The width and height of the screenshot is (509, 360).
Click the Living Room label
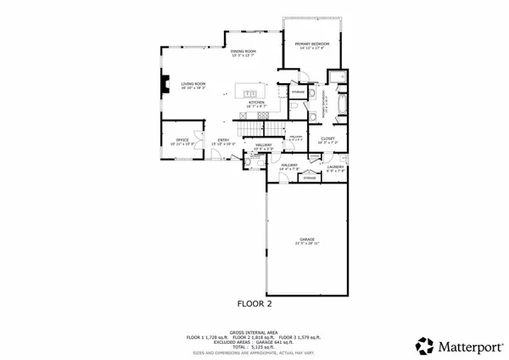193,83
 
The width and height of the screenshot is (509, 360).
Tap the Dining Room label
244,51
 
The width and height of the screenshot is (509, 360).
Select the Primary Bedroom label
312,43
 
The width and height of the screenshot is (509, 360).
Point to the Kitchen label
257,102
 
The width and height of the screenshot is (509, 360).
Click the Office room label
182,139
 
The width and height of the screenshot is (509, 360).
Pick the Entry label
223,140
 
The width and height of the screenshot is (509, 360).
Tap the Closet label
327,138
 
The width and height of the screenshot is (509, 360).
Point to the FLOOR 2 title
254,302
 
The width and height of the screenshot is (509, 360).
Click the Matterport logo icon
424,346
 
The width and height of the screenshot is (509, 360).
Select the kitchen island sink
250,92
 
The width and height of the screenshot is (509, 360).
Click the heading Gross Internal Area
254,332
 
